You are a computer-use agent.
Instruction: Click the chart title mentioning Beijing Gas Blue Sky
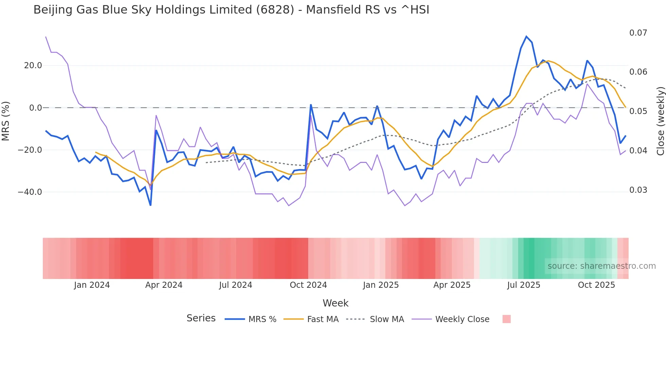pos(231,10)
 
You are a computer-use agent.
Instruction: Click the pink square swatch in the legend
pos(506,319)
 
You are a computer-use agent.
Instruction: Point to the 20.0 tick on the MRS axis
pos(33,66)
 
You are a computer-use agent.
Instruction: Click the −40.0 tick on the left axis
pos(30,192)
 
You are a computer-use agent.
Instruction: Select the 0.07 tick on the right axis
pos(638,33)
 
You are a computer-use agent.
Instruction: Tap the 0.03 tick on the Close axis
pos(638,190)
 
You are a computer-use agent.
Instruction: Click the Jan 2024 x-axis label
pos(92,285)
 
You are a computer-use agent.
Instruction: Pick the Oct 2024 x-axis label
pos(308,285)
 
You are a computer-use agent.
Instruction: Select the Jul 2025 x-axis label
pos(524,285)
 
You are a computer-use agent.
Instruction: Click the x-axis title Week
pos(335,303)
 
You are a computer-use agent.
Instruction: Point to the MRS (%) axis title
pos(6,121)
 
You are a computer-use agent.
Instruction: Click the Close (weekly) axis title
pos(660,121)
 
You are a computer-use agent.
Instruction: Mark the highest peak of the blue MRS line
pos(526,36)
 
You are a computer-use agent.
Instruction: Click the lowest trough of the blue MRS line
pos(151,205)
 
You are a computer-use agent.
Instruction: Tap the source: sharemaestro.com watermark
pos(601,266)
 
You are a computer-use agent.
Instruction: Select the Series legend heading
pos(201,318)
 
